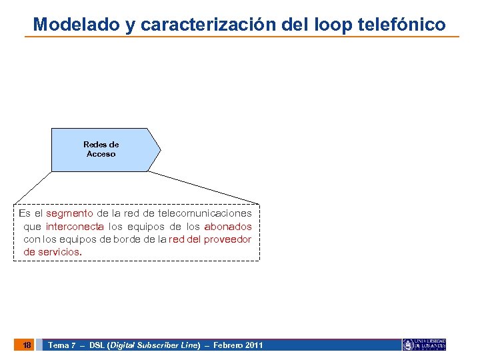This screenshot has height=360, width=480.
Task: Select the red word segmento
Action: pyautogui.click(x=69, y=213)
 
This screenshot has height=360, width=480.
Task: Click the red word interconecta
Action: pyautogui.click(x=75, y=227)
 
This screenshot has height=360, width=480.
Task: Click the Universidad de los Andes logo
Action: pyautogui.click(x=424, y=345)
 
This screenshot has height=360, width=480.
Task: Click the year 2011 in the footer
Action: pyautogui.click(x=254, y=345)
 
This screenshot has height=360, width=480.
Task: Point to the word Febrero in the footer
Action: pyautogui.click(x=227, y=345)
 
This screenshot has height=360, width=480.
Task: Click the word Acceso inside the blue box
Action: pyautogui.click(x=101, y=154)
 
